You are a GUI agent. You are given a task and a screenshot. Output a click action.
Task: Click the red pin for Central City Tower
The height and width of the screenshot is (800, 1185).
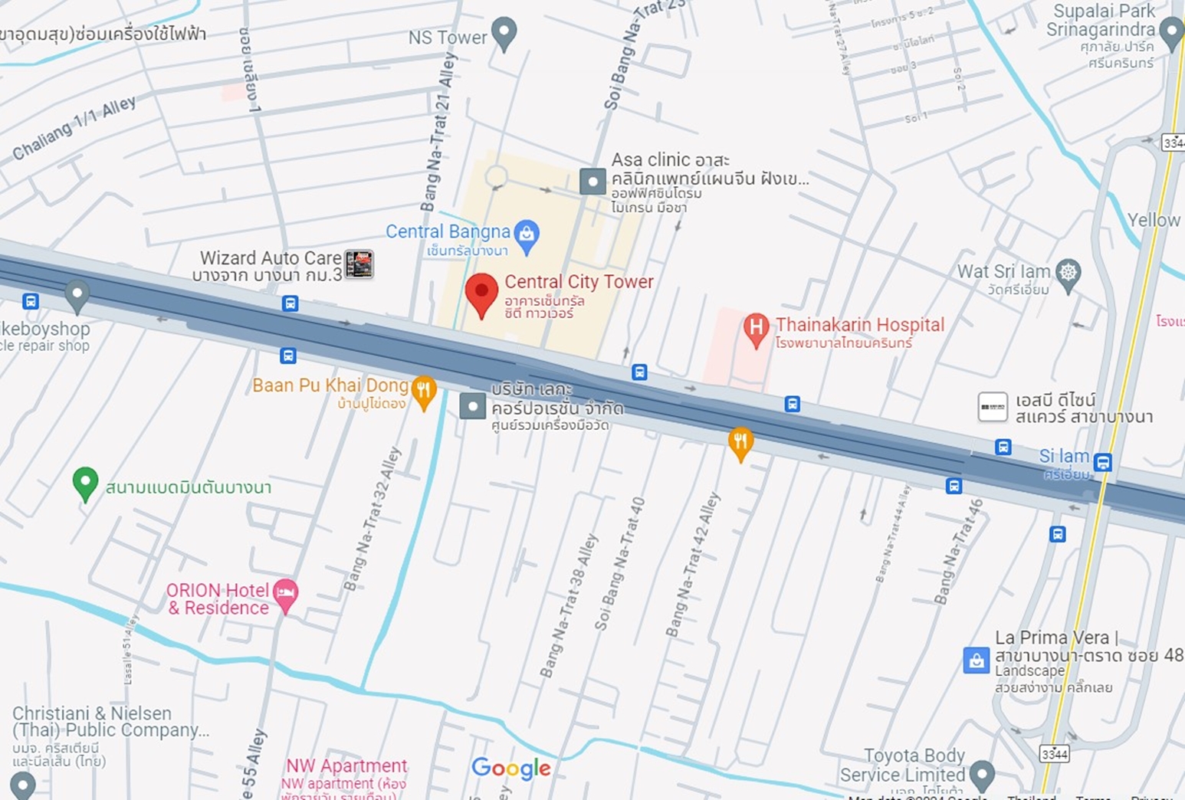click(x=481, y=293)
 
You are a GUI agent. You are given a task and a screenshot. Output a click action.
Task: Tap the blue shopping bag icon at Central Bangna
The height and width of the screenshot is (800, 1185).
click(x=527, y=234)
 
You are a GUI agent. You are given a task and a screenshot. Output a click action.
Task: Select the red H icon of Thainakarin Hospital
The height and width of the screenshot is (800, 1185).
click(x=756, y=329)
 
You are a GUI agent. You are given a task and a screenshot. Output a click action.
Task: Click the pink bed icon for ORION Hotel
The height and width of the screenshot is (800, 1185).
click(x=285, y=594)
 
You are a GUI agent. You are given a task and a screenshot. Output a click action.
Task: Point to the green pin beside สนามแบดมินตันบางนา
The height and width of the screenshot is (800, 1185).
click(x=85, y=483)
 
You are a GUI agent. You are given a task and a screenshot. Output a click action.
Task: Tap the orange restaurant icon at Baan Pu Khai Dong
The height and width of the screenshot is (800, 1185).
click(x=424, y=391)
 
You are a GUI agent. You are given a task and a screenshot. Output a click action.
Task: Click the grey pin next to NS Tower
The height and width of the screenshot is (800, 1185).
click(x=504, y=33)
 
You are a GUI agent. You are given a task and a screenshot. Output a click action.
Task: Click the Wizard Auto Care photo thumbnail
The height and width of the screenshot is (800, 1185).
click(x=359, y=264)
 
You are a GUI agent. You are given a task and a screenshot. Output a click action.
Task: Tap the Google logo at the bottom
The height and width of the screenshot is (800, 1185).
click(x=511, y=768)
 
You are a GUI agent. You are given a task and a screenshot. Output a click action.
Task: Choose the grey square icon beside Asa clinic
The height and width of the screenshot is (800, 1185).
click(x=592, y=182)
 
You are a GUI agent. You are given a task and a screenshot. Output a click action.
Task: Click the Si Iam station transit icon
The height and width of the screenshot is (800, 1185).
click(x=1102, y=462)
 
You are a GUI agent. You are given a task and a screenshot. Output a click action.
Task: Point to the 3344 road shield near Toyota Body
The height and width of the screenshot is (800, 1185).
click(x=1054, y=754)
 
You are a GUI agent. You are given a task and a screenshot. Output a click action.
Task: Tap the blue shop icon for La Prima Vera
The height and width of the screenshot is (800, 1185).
click(x=976, y=660)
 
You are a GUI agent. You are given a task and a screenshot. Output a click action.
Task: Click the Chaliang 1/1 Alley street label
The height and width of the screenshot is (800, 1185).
click(x=74, y=127)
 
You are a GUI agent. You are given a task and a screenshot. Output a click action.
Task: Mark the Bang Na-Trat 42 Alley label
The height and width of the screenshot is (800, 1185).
click(x=693, y=564)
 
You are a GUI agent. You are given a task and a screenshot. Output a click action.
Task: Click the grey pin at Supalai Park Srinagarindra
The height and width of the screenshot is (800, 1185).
click(x=1171, y=32)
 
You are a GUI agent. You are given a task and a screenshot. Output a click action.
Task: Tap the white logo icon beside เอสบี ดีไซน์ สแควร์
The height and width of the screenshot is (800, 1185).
click(x=993, y=407)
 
